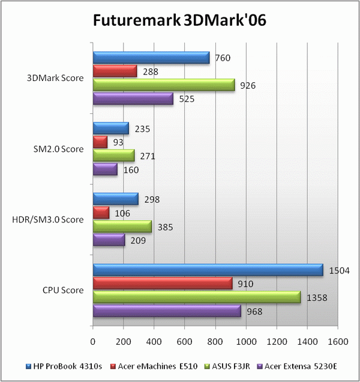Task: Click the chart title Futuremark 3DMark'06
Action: [x=179, y=21]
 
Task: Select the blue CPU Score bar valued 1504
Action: [x=208, y=271]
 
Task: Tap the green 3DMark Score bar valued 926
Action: [x=163, y=86]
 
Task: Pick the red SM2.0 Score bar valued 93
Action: [x=100, y=142]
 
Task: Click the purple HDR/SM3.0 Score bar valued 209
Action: [x=109, y=240]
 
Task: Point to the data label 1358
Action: [x=319, y=297]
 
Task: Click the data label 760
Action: [x=223, y=58]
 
